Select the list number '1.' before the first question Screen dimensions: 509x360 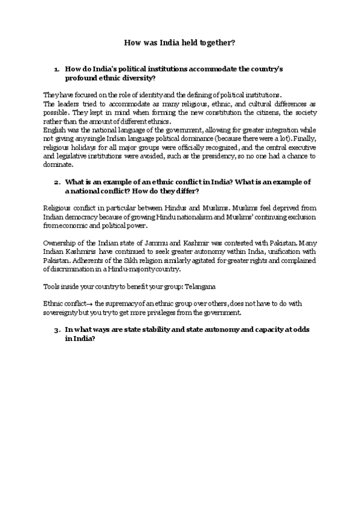pyautogui.click(x=57, y=69)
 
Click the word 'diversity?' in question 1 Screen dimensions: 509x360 pyautogui.click(x=137, y=78)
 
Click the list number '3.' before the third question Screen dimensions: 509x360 pyautogui.click(x=57, y=330)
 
